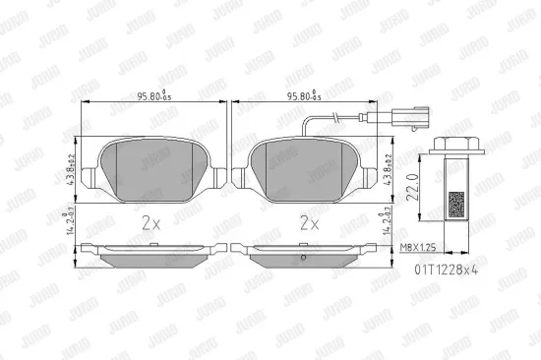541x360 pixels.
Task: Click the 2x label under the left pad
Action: [x=150, y=223]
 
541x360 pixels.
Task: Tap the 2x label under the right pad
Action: [x=308, y=223]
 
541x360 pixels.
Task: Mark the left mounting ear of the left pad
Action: [x=90, y=178]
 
